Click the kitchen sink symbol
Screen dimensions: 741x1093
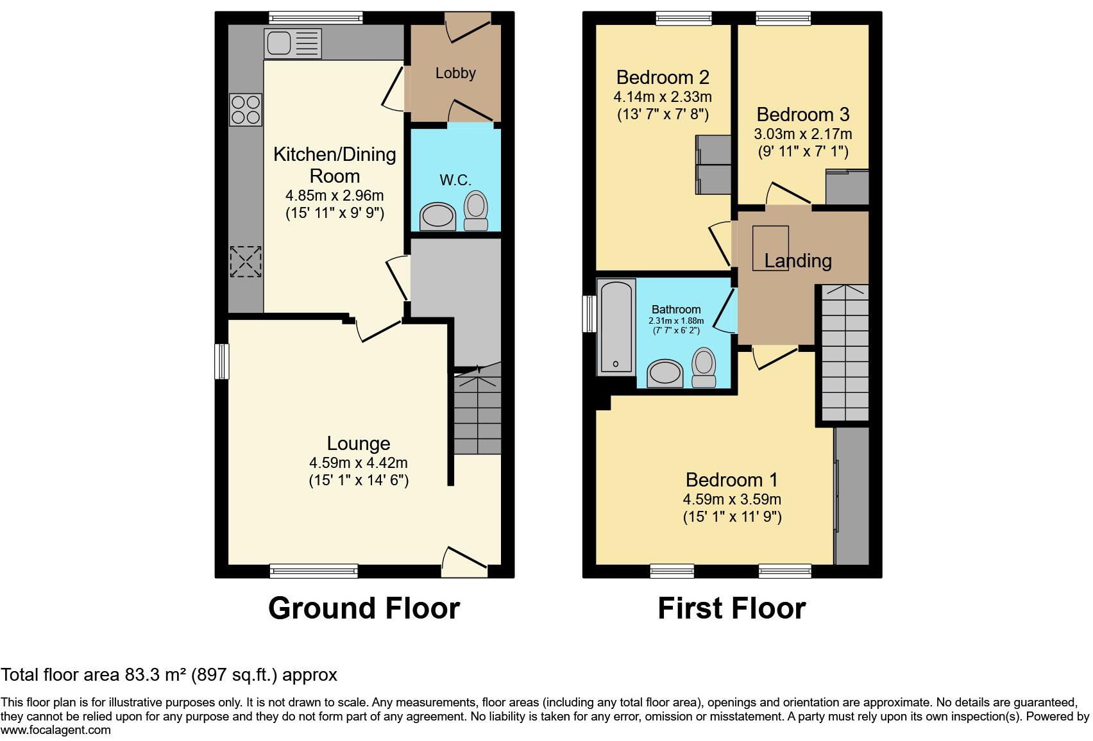coord(292,44)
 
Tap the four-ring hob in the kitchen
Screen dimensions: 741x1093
coord(246,110)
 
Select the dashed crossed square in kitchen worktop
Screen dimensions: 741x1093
coord(246,262)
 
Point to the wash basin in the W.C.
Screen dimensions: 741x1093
coord(437,217)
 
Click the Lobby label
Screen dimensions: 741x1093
coord(455,73)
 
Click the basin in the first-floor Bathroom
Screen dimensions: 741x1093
coord(665,373)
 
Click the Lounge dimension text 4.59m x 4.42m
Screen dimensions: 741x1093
coord(358,463)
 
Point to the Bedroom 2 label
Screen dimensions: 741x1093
coord(663,78)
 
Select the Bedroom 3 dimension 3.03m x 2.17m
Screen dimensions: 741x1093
coord(802,134)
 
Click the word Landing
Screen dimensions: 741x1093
coord(798,261)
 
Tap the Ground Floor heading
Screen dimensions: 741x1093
coord(364,608)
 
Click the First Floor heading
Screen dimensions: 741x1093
coord(731,608)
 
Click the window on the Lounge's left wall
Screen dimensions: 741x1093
coord(222,361)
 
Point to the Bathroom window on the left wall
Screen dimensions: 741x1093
coord(588,313)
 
